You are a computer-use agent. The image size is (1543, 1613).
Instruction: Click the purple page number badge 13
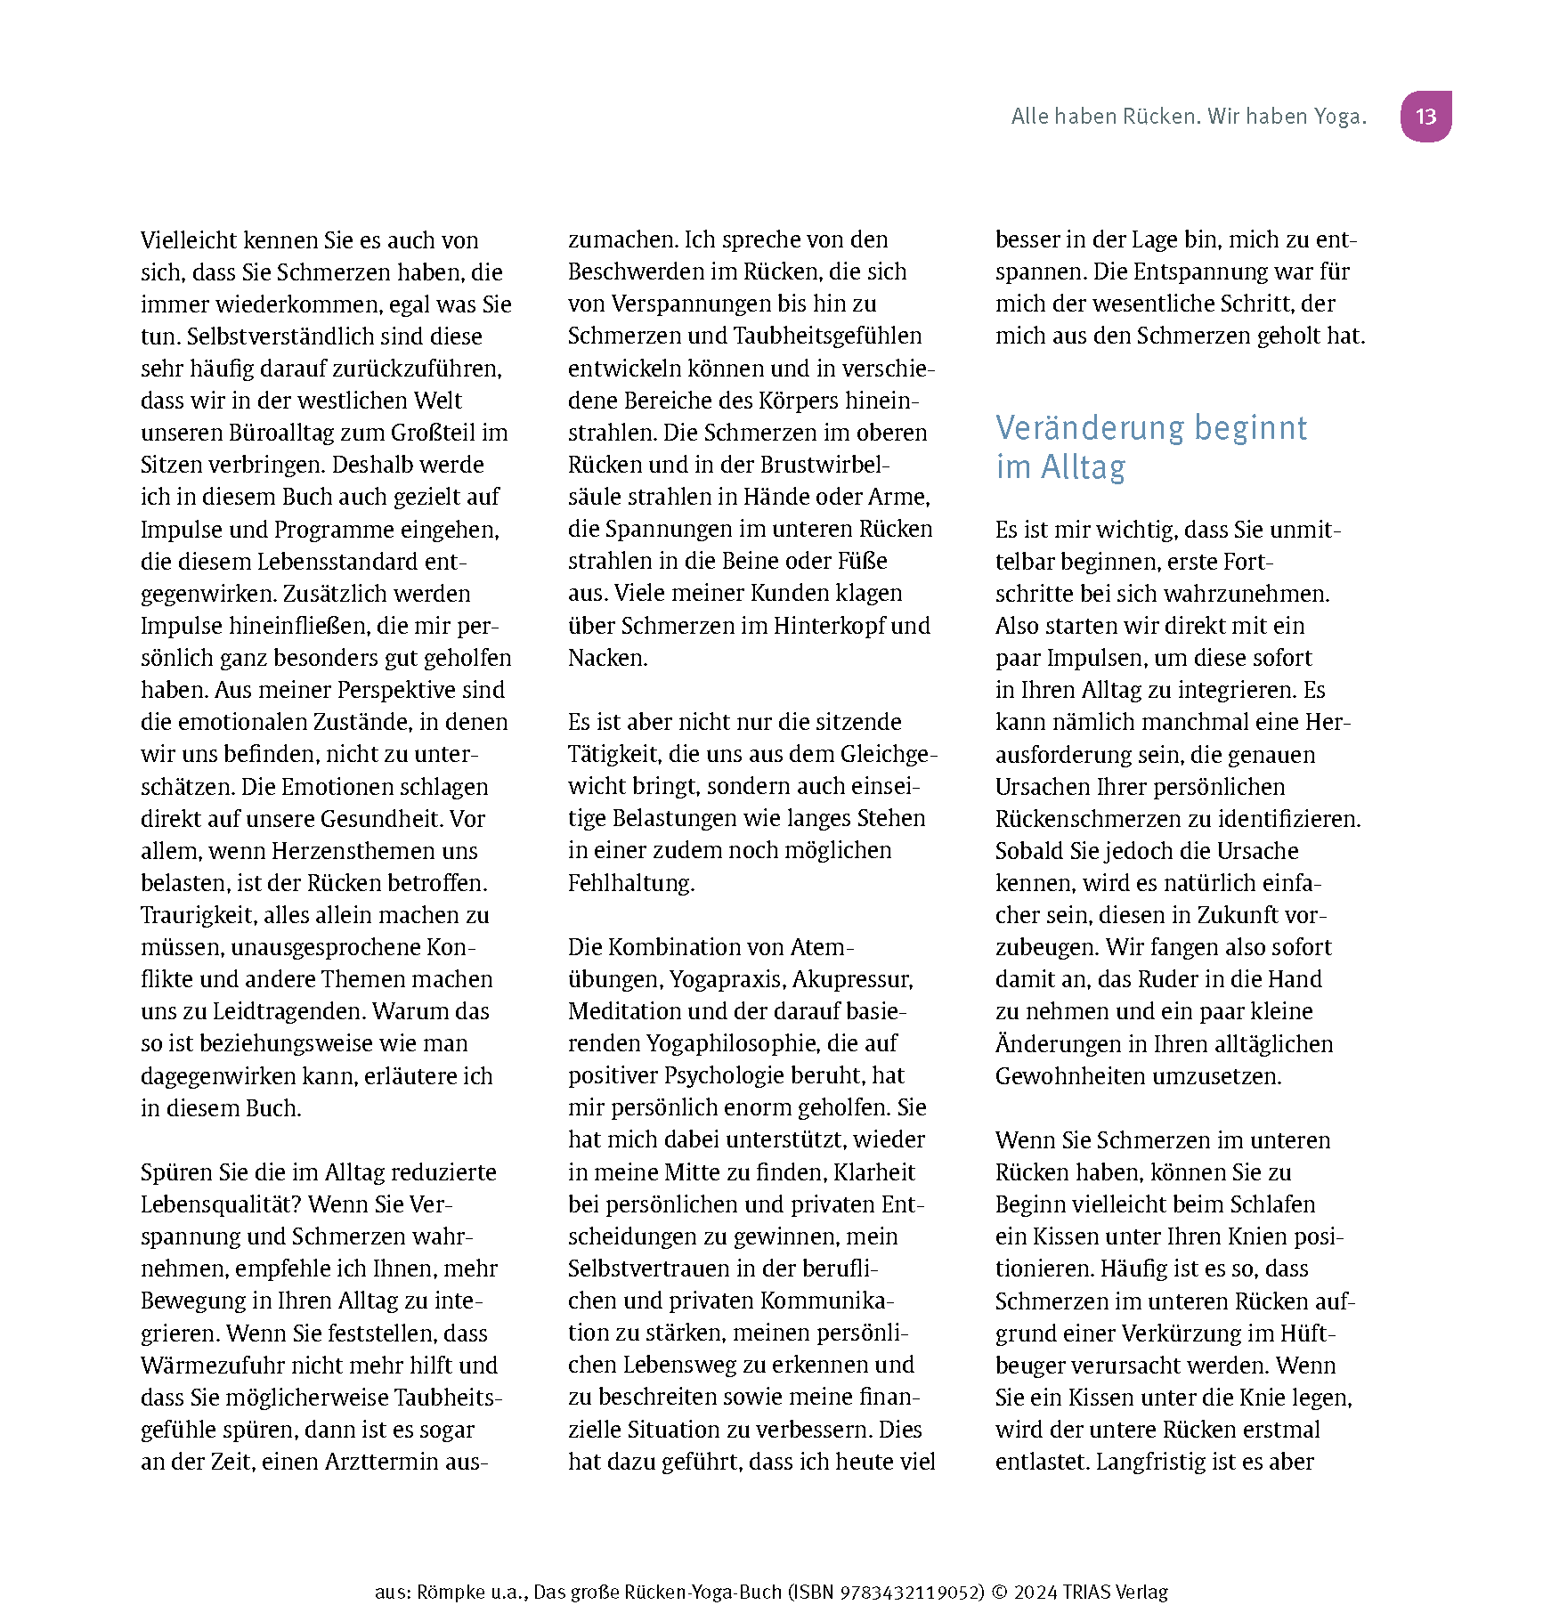tap(1425, 117)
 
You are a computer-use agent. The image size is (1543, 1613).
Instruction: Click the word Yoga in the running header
tap(1335, 117)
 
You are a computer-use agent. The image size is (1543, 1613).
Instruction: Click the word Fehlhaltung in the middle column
tap(629, 883)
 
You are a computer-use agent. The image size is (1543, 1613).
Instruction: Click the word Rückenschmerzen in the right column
tap(1102, 819)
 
